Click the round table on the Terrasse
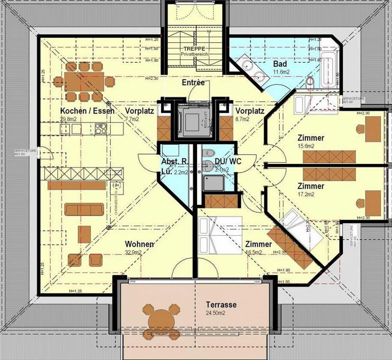[x=161, y=322]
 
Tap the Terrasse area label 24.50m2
[x=216, y=313]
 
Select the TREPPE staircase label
[x=194, y=49]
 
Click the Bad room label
[x=280, y=64]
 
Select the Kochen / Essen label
[x=87, y=111]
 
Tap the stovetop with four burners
[x=101, y=128]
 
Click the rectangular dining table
[x=84, y=82]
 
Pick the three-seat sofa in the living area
[x=84, y=209]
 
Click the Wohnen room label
[x=140, y=244]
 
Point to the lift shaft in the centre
[x=194, y=120]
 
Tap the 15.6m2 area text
[x=306, y=146]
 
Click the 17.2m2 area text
[x=306, y=194]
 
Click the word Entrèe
[x=193, y=83]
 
